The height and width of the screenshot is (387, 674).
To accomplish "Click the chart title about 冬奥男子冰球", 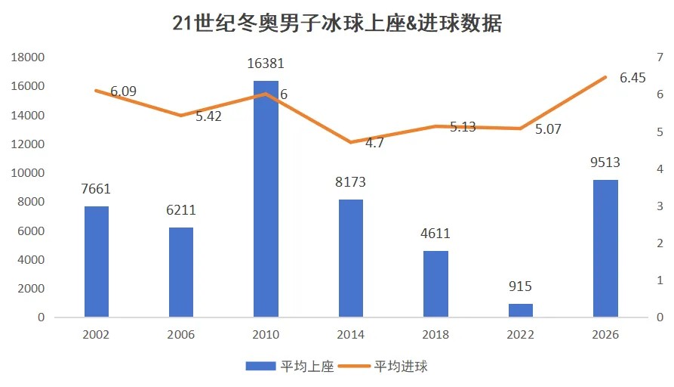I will pos(337,24).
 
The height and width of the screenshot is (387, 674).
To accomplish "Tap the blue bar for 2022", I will pos(520,310).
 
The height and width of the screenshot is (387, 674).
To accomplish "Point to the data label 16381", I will pos(266,64).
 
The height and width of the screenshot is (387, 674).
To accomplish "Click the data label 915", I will pos(520,286).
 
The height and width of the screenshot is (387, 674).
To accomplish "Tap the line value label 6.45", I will pos(632,78).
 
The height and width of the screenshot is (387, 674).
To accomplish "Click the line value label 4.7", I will pos(353,142).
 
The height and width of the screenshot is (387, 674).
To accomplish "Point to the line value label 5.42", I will pos(208,116).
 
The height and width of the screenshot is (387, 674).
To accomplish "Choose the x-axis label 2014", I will pos(350,335).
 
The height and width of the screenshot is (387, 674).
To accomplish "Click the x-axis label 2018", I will pos(435,335).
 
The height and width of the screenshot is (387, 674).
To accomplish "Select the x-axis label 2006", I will pos(181,335).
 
